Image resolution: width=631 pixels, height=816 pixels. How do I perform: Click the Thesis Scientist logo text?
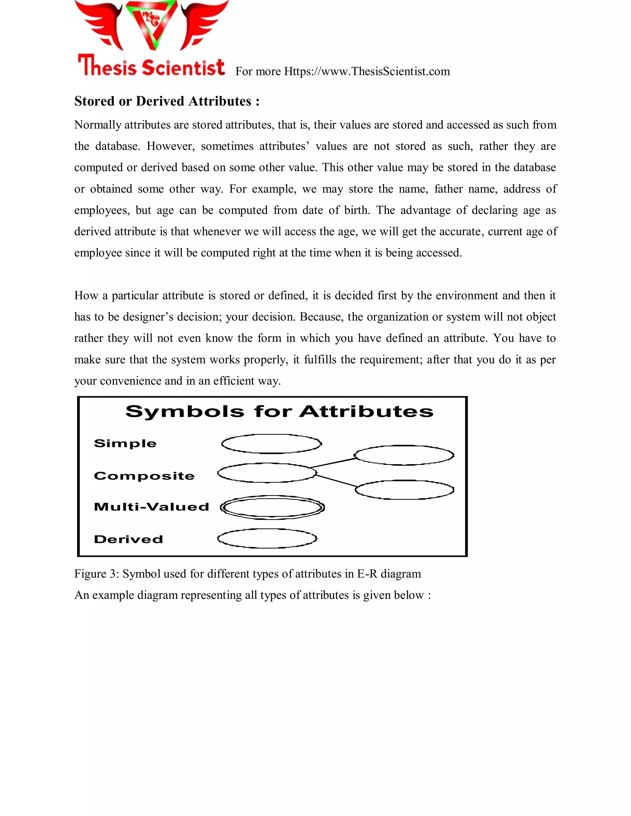click(x=151, y=67)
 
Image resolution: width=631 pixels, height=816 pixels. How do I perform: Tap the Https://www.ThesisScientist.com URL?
click(x=367, y=71)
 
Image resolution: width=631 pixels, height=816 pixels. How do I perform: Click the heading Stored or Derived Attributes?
click(x=167, y=101)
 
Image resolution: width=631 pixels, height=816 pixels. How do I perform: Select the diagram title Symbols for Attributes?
click(x=279, y=411)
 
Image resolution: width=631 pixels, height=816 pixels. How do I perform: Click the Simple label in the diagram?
click(x=125, y=443)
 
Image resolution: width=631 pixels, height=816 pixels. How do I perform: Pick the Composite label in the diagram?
click(x=144, y=476)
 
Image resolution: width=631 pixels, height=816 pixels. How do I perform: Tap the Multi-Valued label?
click(x=151, y=507)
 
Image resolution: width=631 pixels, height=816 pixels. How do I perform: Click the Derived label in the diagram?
click(x=128, y=539)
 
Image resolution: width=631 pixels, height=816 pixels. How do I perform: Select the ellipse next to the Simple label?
click(x=271, y=444)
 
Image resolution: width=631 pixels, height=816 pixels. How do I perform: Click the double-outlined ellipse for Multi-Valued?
click(x=272, y=507)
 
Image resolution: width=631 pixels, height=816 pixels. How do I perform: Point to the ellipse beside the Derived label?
click(x=267, y=538)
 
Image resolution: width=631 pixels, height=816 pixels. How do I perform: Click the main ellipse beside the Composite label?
click(x=267, y=473)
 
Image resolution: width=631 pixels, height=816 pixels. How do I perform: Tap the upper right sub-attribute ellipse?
click(x=404, y=455)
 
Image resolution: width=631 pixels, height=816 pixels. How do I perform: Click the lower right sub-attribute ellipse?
click(x=405, y=490)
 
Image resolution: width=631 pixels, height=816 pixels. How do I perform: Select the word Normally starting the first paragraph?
click(x=98, y=125)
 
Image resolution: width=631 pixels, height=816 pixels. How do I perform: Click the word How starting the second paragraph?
click(x=86, y=296)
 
